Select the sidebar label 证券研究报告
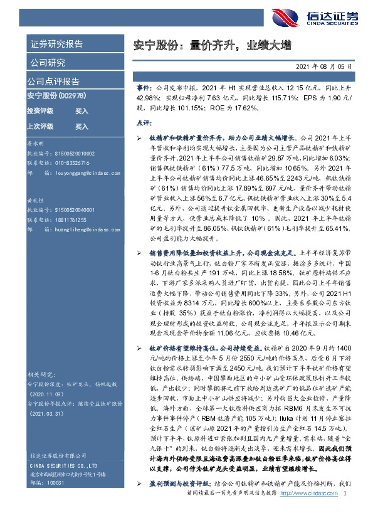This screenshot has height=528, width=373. pos(56,45)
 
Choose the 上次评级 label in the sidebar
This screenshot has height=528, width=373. pos(40,126)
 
